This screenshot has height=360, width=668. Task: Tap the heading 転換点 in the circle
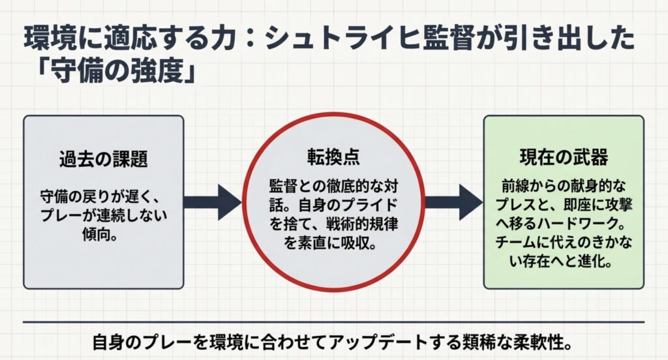tap(333, 157)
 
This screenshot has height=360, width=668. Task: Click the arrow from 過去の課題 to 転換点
tap(211, 202)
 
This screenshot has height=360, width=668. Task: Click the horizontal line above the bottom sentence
tap(333, 322)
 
